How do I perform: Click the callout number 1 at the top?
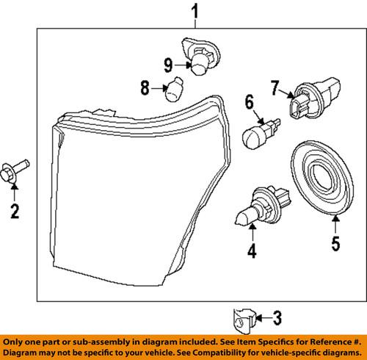pyautogui.click(x=195, y=11)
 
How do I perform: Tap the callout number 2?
pyautogui.click(x=14, y=212)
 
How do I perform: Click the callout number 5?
pyautogui.click(x=335, y=243)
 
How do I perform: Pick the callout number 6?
pyautogui.click(x=248, y=101)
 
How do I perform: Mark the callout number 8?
pyautogui.click(x=144, y=90)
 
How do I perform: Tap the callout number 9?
pyautogui.click(x=167, y=62)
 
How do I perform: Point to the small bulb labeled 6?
pyautogui.click(x=257, y=133)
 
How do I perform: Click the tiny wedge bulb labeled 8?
pyautogui.click(x=173, y=89)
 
